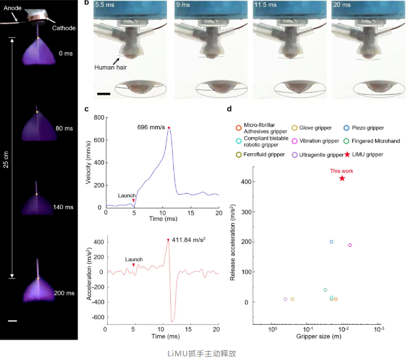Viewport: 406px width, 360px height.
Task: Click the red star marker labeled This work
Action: pyautogui.click(x=342, y=179)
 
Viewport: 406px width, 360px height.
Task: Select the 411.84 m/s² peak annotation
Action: pyautogui.click(x=189, y=241)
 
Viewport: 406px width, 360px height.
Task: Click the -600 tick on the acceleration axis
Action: pyautogui.click(x=95, y=317)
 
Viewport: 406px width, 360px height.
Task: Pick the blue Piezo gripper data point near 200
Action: pyautogui.click(x=332, y=242)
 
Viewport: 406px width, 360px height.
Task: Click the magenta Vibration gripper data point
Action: pyautogui.click(x=350, y=245)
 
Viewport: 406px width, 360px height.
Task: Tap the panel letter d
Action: pyautogui.click(x=230, y=109)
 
